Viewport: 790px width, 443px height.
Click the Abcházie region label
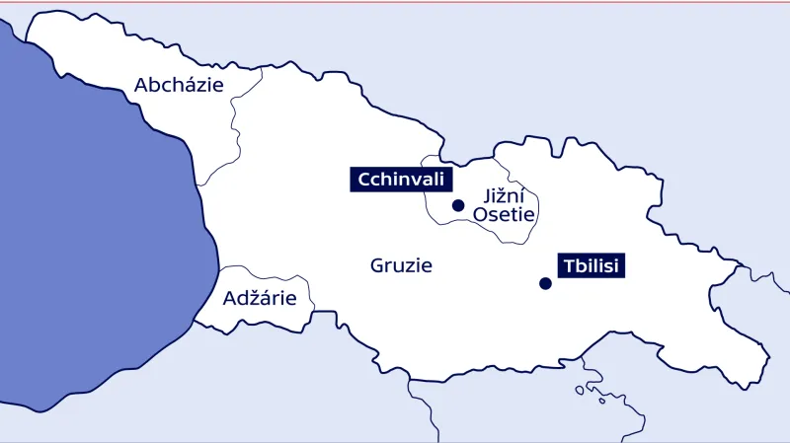click(179, 85)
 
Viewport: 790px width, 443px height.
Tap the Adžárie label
click(260, 297)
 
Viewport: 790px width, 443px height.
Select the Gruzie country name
click(401, 265)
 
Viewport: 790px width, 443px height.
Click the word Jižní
click(507, 196)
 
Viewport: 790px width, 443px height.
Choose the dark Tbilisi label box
click(592, 264)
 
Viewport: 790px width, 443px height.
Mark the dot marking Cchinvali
click(457, 205)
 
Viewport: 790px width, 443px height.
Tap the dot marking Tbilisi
click(544, 283)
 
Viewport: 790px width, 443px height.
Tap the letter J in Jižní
click(487, 196)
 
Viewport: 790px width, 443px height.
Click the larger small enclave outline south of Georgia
click(580, 390)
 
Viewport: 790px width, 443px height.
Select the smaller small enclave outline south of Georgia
click(602, 401)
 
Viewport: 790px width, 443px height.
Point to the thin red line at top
click(395, 2)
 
